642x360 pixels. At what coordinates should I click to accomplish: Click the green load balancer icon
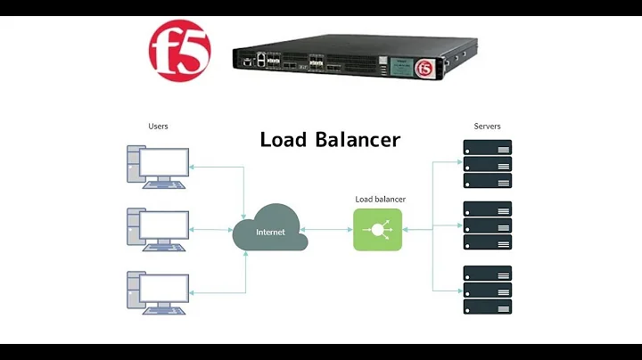click(377, 229)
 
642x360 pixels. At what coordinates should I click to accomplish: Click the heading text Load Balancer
click(330, 140)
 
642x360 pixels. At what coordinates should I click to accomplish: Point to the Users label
click(158, 127)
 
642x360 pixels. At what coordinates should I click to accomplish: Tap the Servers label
click(486, 127)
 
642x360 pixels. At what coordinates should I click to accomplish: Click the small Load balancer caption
click(380, 199)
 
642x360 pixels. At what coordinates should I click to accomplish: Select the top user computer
click(157, 167)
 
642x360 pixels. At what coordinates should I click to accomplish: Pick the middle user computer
click(157, 230)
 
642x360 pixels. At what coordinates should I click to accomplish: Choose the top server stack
click(487, 164)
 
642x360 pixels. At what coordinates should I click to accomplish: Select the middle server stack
click(487, 226)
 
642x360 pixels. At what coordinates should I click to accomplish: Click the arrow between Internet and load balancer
click(330, 229)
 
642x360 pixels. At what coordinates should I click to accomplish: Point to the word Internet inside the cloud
click(271, 232)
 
